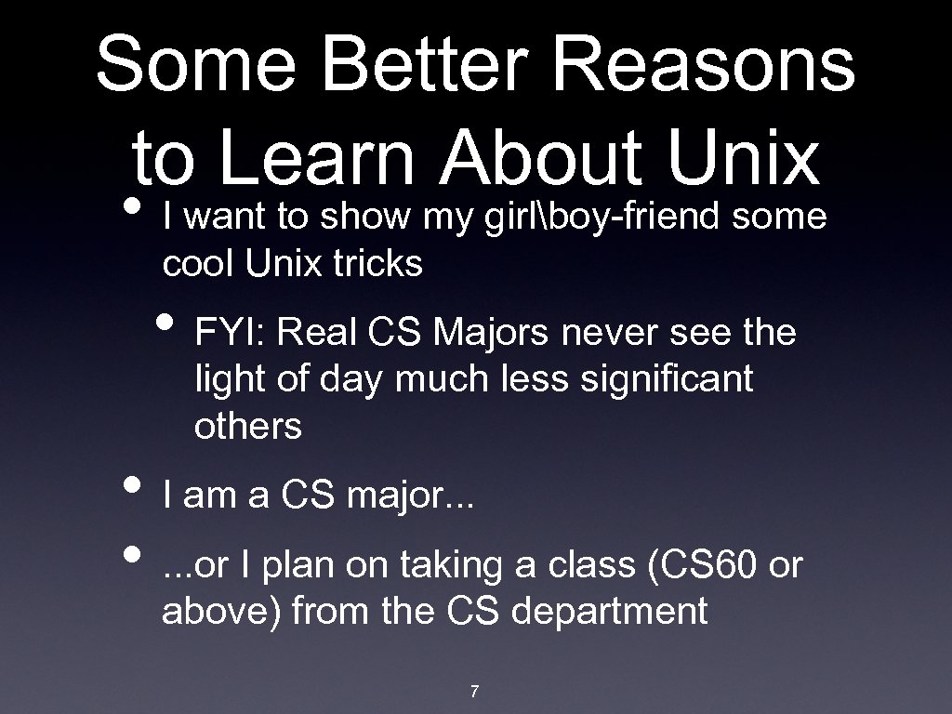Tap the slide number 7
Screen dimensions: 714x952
[475, 691]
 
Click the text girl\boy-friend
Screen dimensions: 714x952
[603, 217]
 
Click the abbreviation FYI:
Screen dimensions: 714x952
[229, 332]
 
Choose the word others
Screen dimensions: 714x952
[247, 427]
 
